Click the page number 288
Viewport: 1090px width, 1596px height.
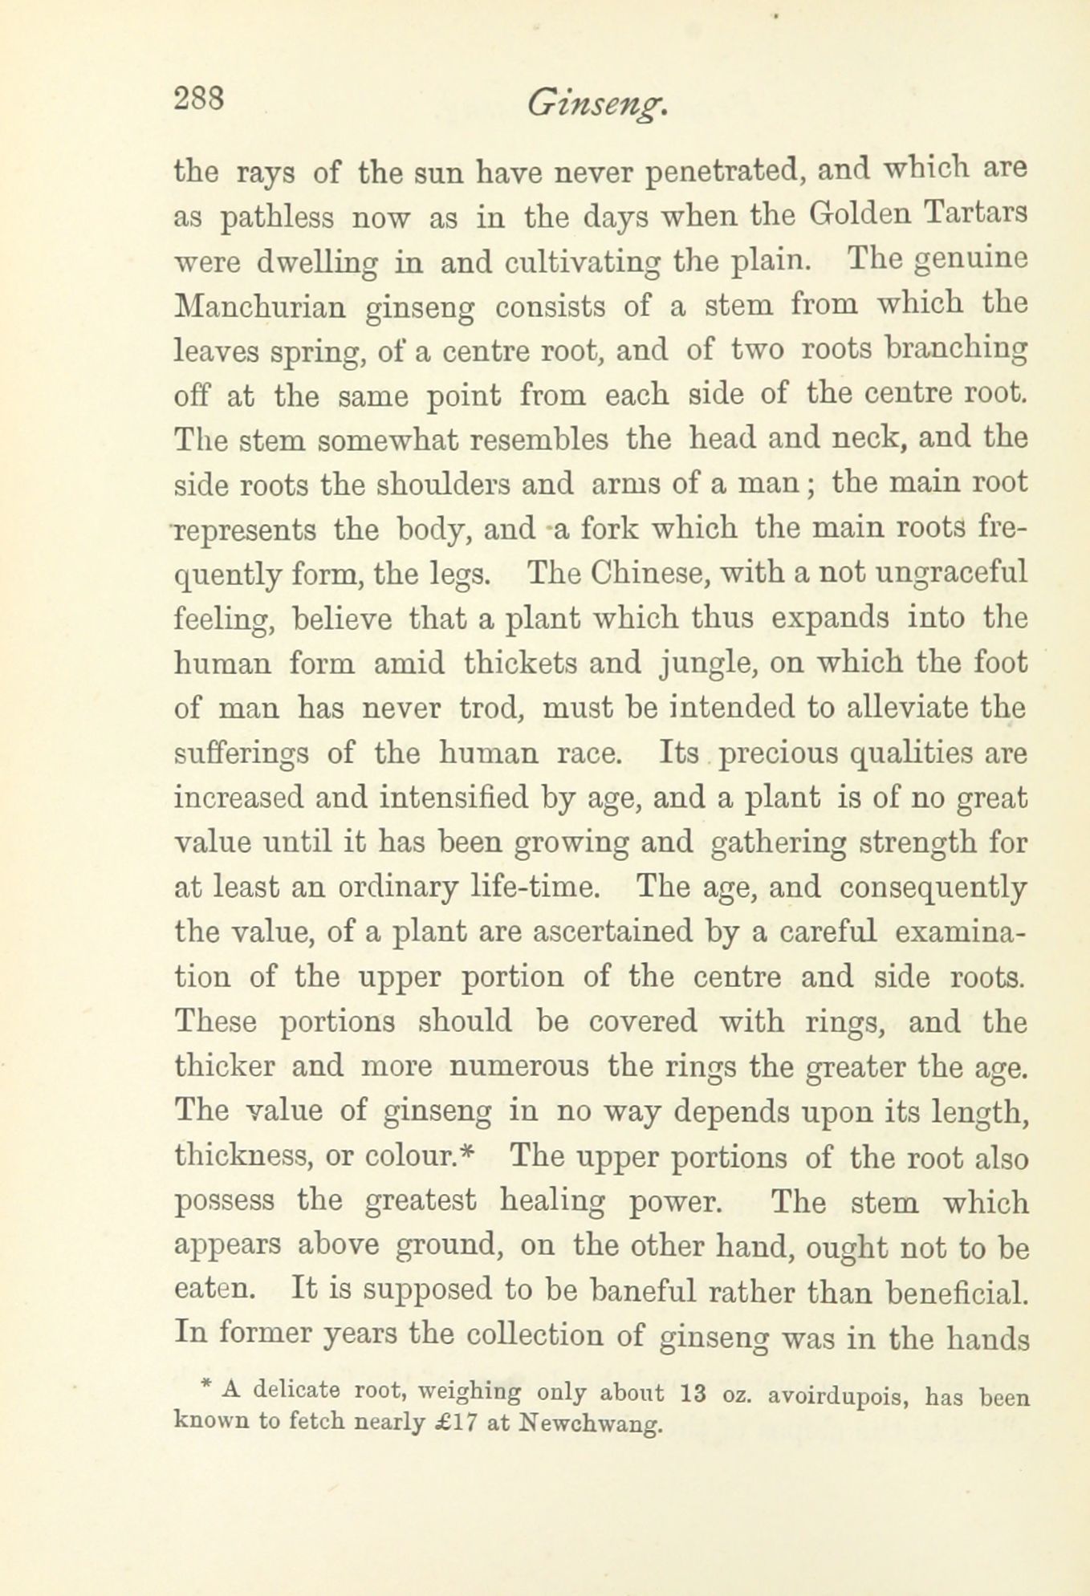[x=198, y=99]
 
